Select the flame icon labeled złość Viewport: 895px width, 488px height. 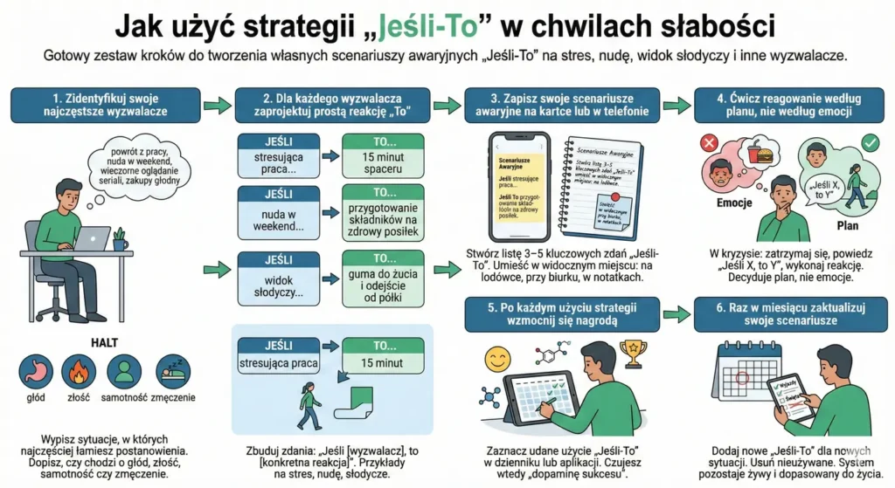(x=79, y=371)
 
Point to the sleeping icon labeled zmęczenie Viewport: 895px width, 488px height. (x=170, y=371)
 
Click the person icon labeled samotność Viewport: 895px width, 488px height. (x=124, y=371)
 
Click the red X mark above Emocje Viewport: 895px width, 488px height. (x=708, y=141)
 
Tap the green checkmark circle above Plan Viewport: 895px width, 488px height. (x=870, y=141)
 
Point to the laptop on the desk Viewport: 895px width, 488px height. (x=92, y=239)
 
